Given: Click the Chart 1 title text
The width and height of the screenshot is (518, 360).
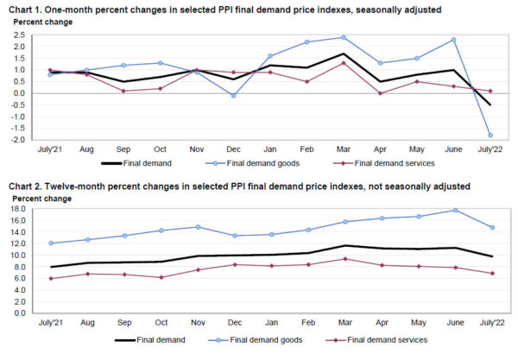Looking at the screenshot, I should coord(225,9).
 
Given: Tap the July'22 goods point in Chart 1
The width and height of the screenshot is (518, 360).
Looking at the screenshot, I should coord(491,135).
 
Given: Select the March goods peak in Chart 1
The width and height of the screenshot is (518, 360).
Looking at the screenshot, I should coord(344,37).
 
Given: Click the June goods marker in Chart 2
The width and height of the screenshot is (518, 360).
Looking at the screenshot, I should coord(454,210).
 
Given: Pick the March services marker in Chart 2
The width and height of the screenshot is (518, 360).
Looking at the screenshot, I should coord(344,259).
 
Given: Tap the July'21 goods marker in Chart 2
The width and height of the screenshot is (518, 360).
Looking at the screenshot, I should coord(50,243).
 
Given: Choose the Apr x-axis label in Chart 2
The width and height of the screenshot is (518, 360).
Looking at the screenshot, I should coord(381,325).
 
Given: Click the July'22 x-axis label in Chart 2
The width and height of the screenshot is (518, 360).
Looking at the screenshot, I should coord(490,325).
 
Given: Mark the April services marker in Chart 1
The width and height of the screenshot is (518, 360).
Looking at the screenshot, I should coord(381,93).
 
